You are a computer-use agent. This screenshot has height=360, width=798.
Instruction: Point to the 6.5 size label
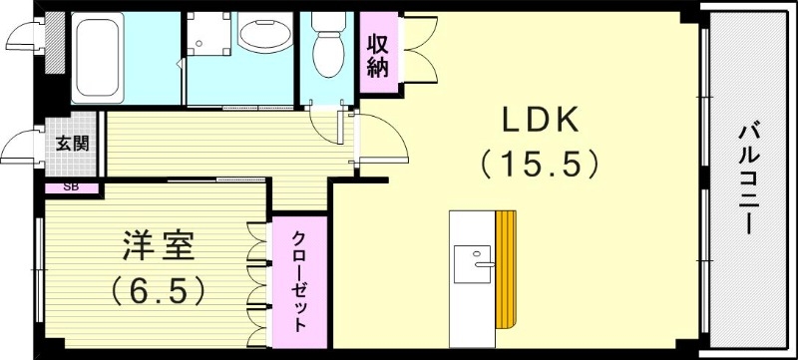pyautogui.click(x=159, y=289)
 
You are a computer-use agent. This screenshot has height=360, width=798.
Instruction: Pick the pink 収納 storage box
pyautogui.click(x=377, y=56)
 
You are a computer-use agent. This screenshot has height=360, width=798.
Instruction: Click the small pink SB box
pyautogui.click(x=71, y=186)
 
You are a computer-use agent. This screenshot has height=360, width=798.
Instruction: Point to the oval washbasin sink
pyautogui.click(x=263, y=34)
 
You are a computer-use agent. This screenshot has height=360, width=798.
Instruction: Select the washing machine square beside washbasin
pyautogui.click(x=206, y=38)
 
